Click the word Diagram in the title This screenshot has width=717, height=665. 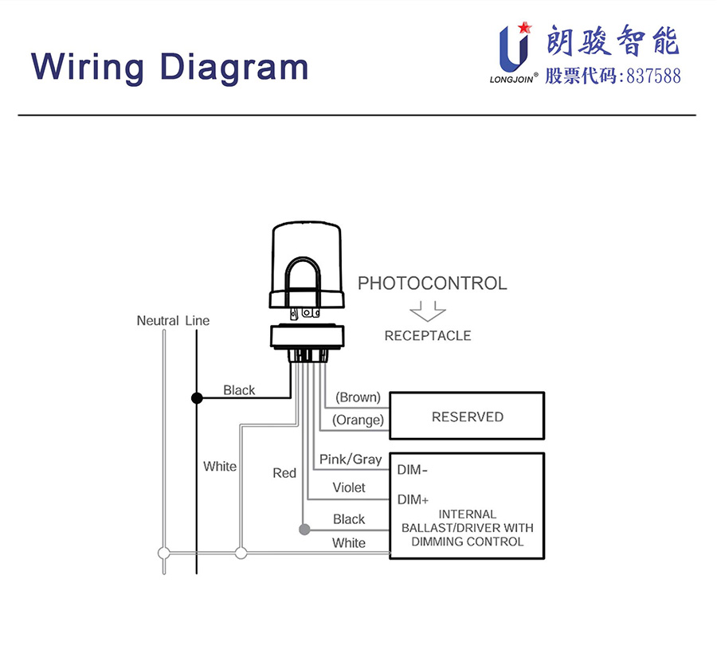(233, 68)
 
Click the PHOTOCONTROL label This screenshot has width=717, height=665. (432, 284)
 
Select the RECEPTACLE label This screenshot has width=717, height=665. (428, 336)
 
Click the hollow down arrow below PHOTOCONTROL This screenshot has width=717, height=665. (427, 311)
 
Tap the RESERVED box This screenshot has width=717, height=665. (467, 417)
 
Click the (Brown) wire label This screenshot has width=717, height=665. (358, 397)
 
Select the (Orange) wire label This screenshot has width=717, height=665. (358, 420)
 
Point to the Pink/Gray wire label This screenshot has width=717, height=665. (351, 460)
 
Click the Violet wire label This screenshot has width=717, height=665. (349, 487)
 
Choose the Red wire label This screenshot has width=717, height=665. (284, 473)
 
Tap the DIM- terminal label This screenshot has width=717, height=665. (413, 470)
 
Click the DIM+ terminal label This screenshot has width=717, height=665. (413, 500)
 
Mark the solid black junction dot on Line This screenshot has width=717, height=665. (196, 397)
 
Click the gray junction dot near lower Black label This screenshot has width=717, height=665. (304, 530)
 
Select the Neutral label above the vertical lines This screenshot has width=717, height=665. (158, 321)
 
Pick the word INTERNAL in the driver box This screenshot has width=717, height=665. (468, 514)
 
